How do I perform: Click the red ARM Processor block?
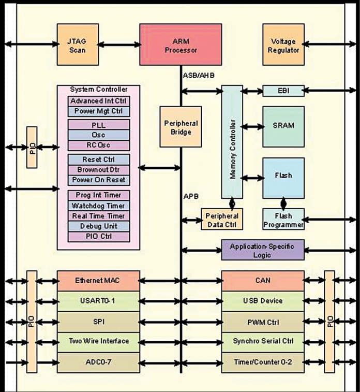[181, 44]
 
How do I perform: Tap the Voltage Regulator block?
[283, 44]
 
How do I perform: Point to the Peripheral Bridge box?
[181, 127]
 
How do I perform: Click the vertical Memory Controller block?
[232, 142]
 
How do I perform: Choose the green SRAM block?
[283, 126]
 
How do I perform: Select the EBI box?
[283, 91]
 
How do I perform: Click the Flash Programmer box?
[283, 220]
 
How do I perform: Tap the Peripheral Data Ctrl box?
[221, 220]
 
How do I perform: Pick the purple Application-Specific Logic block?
[263, 250]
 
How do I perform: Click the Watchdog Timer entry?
[98, 206]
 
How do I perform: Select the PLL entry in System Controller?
[98, 125]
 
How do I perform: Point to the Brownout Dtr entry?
[98, 170]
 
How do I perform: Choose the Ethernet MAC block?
[98, 281]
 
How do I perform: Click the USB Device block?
[263, 301]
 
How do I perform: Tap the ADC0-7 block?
[98, 362]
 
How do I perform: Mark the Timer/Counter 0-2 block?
[263, 362]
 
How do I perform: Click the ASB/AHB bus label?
[199, 76]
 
